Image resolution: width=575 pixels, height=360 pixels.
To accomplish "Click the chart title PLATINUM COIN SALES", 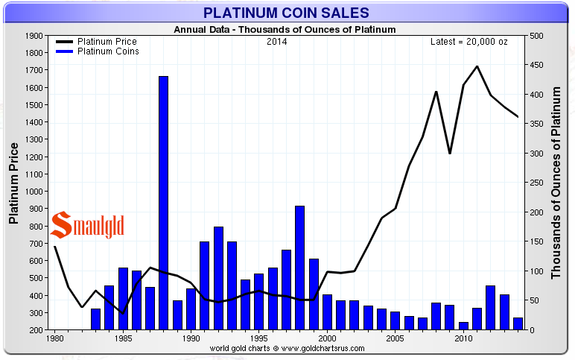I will coord(287,13).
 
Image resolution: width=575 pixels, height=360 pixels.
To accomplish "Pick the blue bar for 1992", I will coord(218,277).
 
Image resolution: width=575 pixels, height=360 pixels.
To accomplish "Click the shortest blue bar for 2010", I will coord(463,326).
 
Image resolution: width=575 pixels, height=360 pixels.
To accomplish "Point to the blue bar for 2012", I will coord(490,307).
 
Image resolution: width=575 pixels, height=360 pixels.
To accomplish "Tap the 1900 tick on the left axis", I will coord(34,36).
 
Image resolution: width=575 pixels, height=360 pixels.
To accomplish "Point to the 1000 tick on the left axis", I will coord(34,192).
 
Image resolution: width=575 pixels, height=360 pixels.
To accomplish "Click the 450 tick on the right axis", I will coord(536,65).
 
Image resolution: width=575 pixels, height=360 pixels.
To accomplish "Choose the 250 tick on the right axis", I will coord(536,183).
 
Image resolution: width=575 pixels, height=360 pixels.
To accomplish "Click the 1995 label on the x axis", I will coord(258,339).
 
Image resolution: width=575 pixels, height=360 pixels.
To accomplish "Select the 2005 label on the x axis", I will coord(395,339).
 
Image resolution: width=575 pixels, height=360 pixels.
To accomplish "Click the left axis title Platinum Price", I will coord(13,183).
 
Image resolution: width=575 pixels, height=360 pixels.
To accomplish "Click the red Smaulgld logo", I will coord(87,223).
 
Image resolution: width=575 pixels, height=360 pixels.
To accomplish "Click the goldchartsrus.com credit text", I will coord(287,348).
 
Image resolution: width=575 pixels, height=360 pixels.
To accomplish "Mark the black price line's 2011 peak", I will coord(477,66).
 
